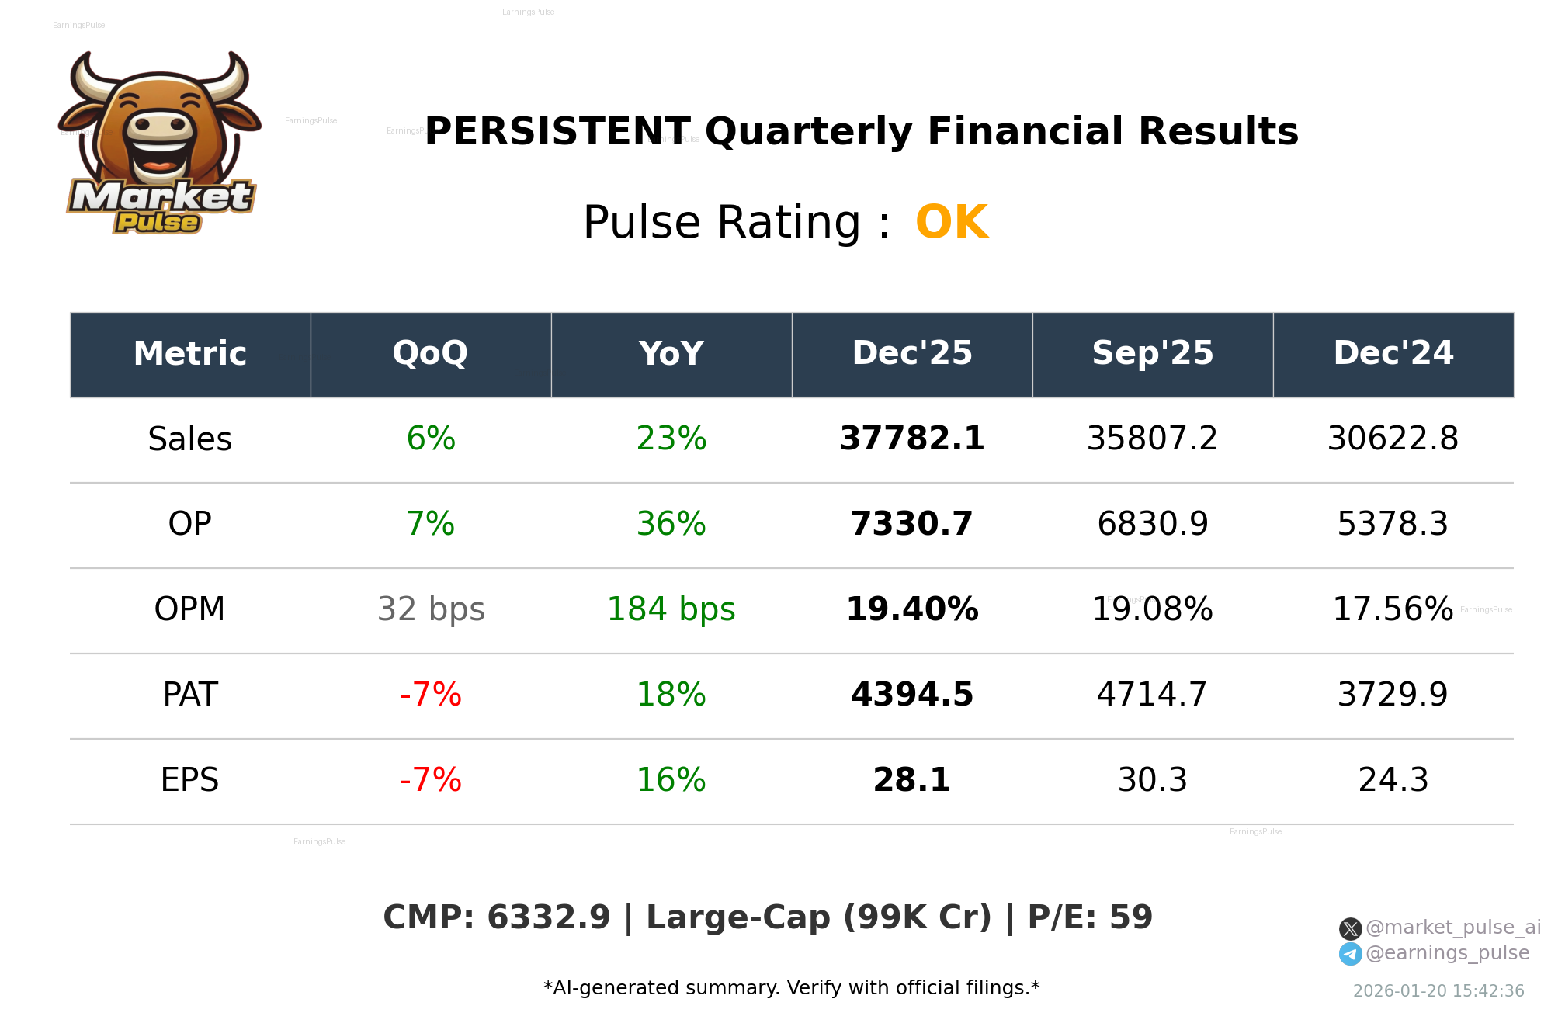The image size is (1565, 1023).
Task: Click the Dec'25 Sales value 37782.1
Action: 911,439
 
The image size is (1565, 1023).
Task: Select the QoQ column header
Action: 430,353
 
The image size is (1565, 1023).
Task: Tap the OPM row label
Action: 189,609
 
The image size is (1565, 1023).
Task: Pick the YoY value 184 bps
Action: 671,609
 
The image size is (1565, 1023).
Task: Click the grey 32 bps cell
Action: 431,609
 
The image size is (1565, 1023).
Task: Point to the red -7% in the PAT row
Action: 431,695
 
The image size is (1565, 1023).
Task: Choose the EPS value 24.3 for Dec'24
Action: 1393,780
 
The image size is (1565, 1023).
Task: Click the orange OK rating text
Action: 952,223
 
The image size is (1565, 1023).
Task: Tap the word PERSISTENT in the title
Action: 557,132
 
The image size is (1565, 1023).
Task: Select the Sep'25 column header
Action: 1152,353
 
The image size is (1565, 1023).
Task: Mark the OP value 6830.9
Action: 1152,524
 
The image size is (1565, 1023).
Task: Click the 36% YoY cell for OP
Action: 671,524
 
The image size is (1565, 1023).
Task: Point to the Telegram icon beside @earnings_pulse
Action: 1350,954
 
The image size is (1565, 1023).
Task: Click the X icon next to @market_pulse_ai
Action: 1350,928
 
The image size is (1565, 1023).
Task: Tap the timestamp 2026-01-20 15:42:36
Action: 1438,991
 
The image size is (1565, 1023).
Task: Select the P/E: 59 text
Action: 1090,917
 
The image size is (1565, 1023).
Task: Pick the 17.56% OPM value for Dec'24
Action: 1393,609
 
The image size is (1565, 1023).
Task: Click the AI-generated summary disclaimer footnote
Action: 791,988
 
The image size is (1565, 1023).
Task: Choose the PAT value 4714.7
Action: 1152,695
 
